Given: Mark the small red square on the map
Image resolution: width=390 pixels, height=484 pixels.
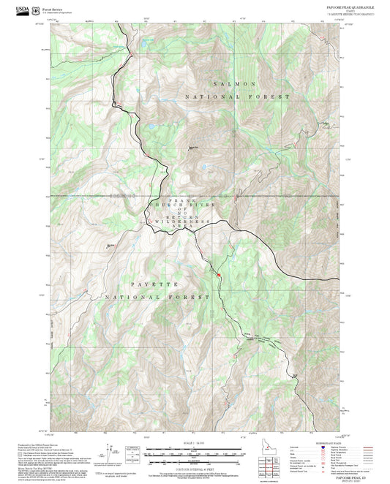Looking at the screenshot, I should point(217,274).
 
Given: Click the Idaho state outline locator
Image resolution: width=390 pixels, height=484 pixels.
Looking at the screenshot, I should point(266,446).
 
